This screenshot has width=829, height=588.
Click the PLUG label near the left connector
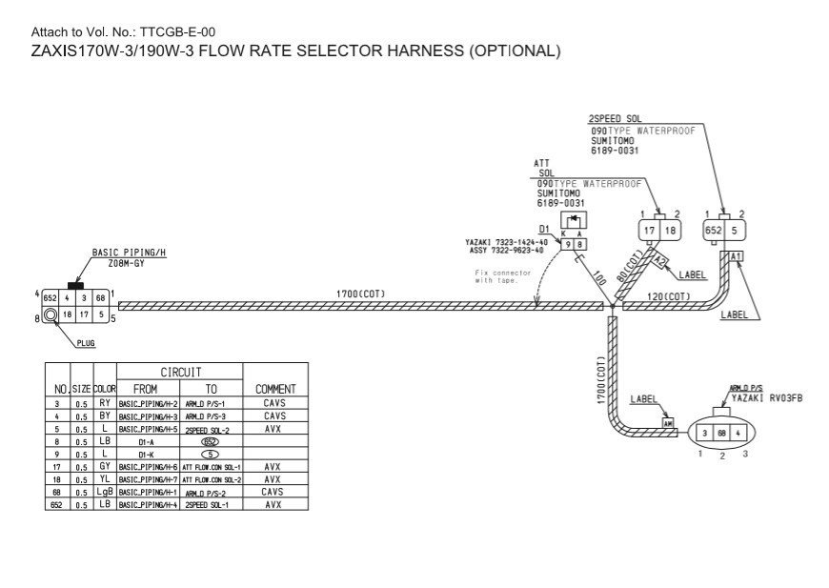(x=86, y=343)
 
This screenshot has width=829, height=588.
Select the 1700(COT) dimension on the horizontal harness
(x=360, y=294)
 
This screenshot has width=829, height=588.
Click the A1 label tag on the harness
(x=736, y=256)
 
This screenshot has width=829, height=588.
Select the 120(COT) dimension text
(x=669, y=296)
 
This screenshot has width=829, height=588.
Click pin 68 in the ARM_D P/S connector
(x=722, y=434)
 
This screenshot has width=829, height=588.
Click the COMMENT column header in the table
(x=275, y=389)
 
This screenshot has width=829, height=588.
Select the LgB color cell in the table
(x=105, y=492)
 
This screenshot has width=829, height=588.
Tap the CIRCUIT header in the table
(x=180, y=372)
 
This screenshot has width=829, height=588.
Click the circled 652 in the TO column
(x=211, y=441)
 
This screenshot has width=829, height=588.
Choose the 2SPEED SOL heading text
(x=615, y=119)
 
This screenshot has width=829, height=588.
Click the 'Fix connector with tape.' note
(x=503, y=276)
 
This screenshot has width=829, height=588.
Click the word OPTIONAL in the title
(x=512, y=51)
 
